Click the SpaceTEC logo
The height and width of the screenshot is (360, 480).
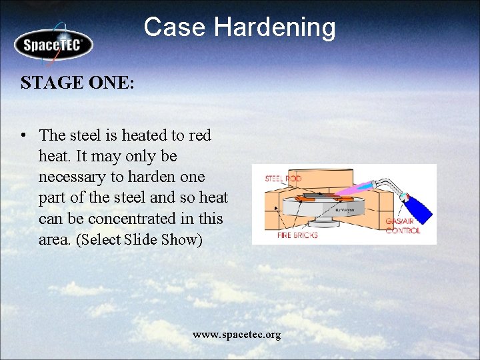click(x=53, y=45)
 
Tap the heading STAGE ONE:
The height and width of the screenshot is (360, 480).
click(x=77, y=83)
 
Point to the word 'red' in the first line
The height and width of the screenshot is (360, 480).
click(x=200, y=135)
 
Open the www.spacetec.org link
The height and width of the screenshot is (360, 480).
click(x=237, y=334)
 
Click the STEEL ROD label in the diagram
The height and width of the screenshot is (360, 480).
click(x=283, y=179)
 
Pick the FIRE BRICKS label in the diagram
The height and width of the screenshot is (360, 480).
click(x=297, y=235)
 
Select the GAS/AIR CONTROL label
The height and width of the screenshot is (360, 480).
click(x=403, y=226)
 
